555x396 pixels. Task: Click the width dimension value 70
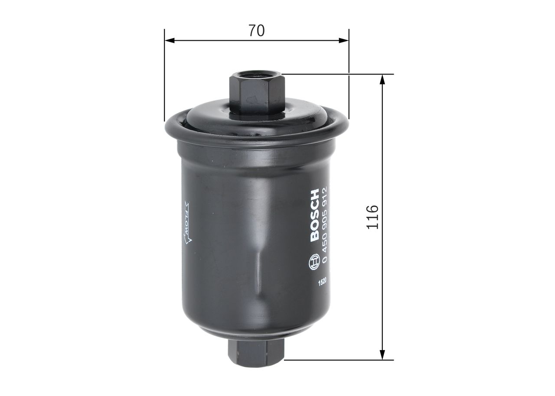257,31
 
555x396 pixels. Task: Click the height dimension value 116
373,217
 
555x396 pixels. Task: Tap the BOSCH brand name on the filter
315,215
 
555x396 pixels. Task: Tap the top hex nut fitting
257,93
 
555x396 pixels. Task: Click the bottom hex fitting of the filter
256,353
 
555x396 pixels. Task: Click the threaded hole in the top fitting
256,78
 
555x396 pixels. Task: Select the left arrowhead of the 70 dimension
170,41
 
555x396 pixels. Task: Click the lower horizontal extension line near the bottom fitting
338,360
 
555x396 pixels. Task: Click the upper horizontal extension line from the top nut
338,74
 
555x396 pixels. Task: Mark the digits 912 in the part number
326,193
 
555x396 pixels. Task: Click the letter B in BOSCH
315,238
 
